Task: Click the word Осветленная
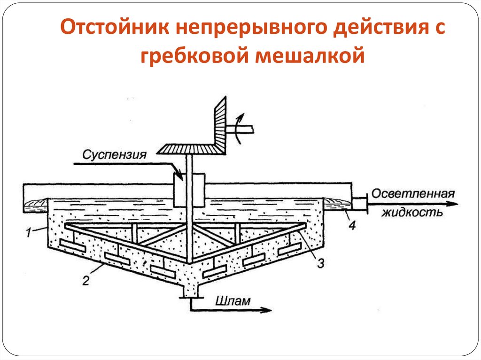coord(413,193)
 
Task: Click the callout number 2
coord(85,281)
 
